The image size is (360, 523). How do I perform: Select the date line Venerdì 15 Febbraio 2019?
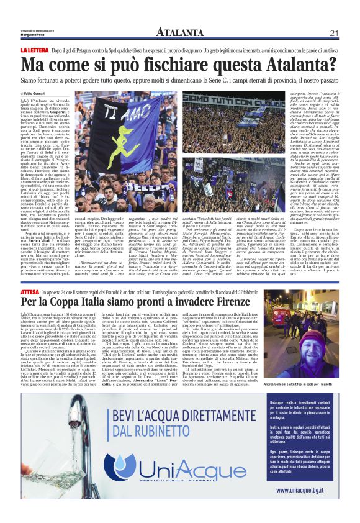[x=37, y=30]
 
